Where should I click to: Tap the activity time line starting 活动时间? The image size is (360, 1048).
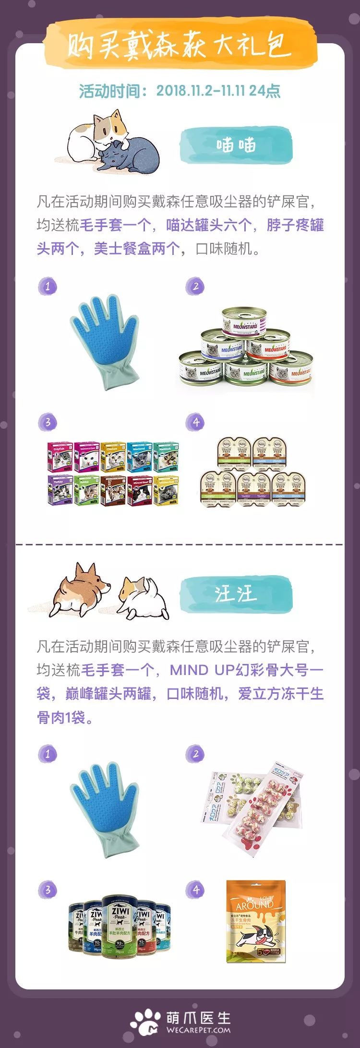[x=180, y=91]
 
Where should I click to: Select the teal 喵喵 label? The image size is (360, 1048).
[x=236, y=145]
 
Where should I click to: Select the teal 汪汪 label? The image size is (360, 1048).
[x=236, y=594]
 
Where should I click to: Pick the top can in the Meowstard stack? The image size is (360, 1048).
[x=244, y=320]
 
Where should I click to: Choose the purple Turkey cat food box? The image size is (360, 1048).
[x=60, y=490]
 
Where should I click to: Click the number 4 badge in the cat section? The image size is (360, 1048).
[x=195, y=422]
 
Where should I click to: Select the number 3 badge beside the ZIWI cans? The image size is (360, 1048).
[x=48, y=890]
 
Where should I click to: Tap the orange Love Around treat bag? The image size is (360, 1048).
[x=255, y=921]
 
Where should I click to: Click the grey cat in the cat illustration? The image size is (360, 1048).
[x=130, y=154]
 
